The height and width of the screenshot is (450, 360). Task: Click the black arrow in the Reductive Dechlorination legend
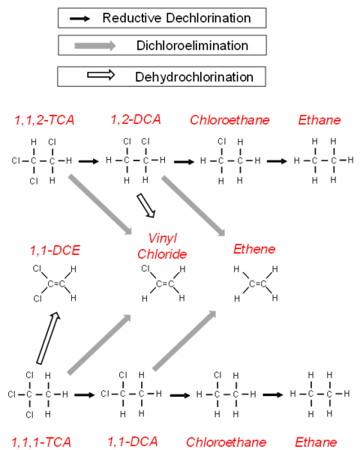pyautogui.click(x=80, y=19)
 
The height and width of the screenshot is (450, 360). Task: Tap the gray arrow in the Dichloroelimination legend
pyautogui.click(x=95, y=46)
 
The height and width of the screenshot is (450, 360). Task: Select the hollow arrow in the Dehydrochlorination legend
pyautogui.click(x=101, y=75)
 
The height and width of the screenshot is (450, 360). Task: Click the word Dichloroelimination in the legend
pyautogui.click(x=192, y=46)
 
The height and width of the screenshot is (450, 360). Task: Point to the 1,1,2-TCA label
pyautogui.click(x=44, y=120)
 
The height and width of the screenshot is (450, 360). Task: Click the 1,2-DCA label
pyautogui.click(x=136, y=119)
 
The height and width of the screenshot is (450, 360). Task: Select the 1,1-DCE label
pyautogui.click(x=55, y=250)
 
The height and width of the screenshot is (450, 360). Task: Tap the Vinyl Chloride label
pyautogui.click(x=162, y=246)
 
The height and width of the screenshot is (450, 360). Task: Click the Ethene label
pyautogui.click(x=254, y=249)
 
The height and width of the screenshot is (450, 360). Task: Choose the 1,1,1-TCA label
pyautogui.click(x=41, y=442)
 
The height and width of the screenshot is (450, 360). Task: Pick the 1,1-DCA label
pyautogui.click(x=133, y=442)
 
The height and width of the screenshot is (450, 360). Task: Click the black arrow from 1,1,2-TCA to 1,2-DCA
pyautogui.click(x=88, y=161)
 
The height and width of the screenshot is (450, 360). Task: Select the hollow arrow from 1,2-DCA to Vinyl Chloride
pyautogui.click(x=146, y=205)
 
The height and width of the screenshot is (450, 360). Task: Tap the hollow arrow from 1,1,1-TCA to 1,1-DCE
pyautogui.click(x=49, y=338)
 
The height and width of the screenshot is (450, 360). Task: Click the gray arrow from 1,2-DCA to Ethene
pyautogui.click(x=193, y=205)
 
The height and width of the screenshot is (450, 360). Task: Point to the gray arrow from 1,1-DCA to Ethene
pyautogui.click(x=184, y=340)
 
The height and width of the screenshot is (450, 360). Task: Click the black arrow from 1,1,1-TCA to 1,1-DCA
pyautogui.click(x=85, y=395)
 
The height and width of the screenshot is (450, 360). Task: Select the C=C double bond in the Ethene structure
pyautogui.click(x=257, y=284)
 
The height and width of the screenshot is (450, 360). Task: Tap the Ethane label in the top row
pyautogui.click(x=319, y=120)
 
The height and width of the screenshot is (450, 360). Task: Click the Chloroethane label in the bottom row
pyautogui.click(x=226, y=442)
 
